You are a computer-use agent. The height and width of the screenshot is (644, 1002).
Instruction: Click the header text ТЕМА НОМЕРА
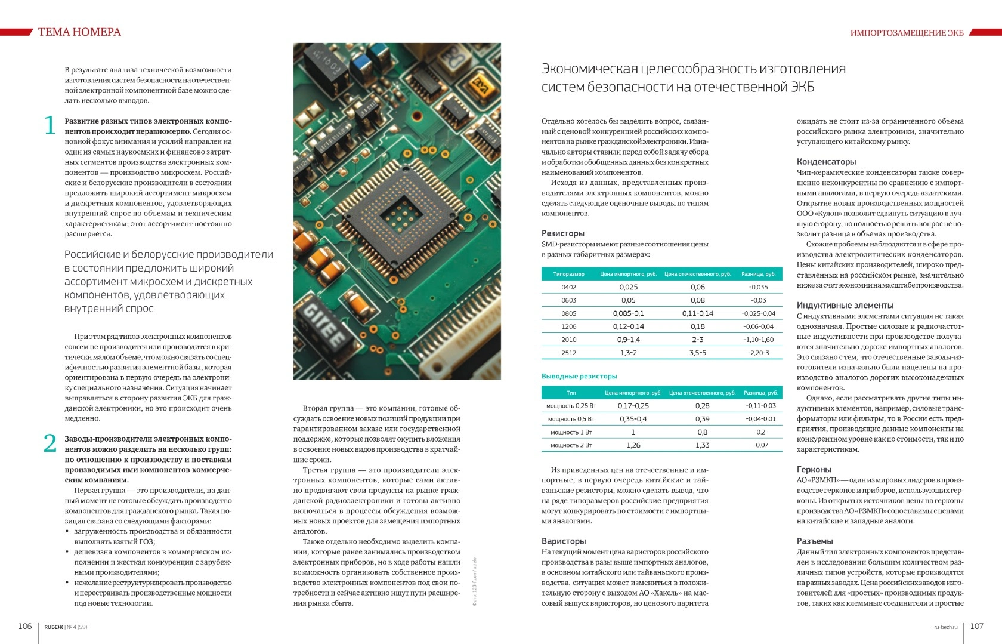tap(79, 32)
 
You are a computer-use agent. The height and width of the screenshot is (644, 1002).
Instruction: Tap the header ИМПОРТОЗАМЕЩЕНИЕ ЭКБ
tap(907, 33)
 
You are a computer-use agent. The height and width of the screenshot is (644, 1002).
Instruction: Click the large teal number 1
tap(50, 125)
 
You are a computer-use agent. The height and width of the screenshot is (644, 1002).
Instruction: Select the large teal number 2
tap(50, 443)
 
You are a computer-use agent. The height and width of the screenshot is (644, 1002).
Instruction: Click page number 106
tap(25, 626)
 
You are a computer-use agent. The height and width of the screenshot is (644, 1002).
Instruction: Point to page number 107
tap(976, 626)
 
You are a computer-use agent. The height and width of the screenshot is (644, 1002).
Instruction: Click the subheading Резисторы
tap(562, 233)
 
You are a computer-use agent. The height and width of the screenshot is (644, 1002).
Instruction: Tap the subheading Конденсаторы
tap(826, 162)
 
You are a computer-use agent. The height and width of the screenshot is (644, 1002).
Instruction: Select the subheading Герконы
tap(814, 470)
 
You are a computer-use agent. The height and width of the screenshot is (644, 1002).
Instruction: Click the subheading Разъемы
tap(815, 541)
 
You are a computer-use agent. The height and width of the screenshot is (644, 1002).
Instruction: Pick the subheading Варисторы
tap(564, 541)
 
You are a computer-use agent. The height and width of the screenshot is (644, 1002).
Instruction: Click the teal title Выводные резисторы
tap(579, 377)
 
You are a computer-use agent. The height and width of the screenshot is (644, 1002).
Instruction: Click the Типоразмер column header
tap(568, 274)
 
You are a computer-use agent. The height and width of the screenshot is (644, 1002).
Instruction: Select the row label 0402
tap(568, 287)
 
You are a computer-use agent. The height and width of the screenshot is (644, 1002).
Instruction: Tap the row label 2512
tap(568, 353)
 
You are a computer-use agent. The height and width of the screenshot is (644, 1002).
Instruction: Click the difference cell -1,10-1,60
tap(758, 340)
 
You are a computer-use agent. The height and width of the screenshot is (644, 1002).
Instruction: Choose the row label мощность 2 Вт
tap(571, 445)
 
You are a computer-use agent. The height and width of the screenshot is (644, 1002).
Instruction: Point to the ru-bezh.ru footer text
tap(945, 627)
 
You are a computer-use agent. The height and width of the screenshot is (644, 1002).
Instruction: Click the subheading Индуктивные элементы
tap(845, 306)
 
